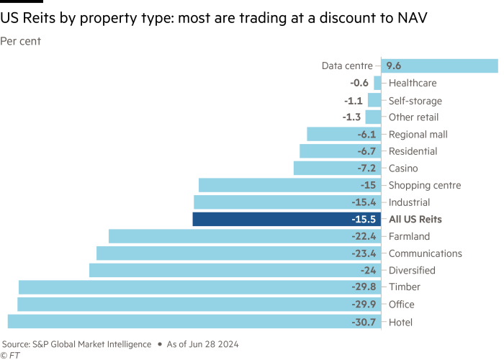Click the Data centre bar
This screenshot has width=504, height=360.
(439, 66)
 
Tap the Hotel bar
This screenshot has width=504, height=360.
(194, 322)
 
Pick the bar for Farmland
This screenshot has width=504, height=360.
(244, 236)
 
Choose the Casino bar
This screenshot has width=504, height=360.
(336, 168)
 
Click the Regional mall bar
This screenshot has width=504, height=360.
(343, 134)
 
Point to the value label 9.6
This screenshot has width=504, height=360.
(394, 66)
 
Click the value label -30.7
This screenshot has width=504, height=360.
(364, 322)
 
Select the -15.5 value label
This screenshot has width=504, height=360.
(364, 219)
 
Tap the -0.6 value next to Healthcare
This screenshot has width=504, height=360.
(359, 83)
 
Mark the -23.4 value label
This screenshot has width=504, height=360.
(364, 253)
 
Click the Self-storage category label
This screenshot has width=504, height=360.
(415, 100)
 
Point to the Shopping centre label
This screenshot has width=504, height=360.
(424, 185)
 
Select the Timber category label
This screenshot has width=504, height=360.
(404, 287)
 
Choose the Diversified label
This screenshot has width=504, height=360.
(411, 270)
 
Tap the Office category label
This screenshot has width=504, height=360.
(401, 305)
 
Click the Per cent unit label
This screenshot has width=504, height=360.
(21, 42)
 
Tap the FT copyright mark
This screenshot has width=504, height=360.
(9, 355)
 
